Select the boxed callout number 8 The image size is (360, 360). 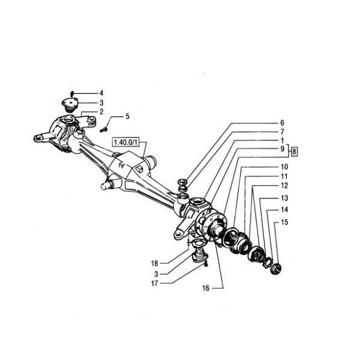(293, 152)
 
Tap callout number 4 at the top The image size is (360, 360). (101, 93)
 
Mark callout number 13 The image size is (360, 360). (284, 197)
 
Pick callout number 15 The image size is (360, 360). (284, 223)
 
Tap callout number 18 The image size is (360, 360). (154, 263)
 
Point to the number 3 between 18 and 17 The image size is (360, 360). (156, 273)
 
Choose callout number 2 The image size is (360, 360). (101, 112)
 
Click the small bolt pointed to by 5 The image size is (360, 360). (104, 127)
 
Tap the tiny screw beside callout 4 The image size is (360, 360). (71, 93)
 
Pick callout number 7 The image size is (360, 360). (281, 131)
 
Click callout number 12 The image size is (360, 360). (284, 186)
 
